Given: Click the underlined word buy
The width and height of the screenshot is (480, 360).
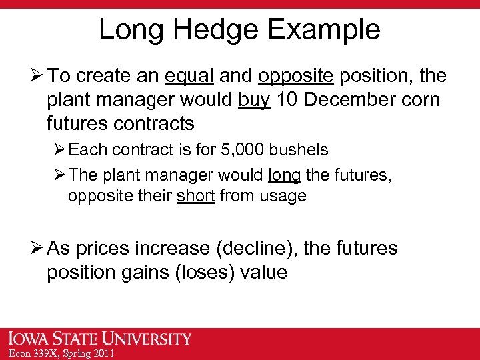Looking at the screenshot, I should pos(254,100).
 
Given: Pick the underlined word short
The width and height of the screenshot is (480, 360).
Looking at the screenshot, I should pos(196,196).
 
